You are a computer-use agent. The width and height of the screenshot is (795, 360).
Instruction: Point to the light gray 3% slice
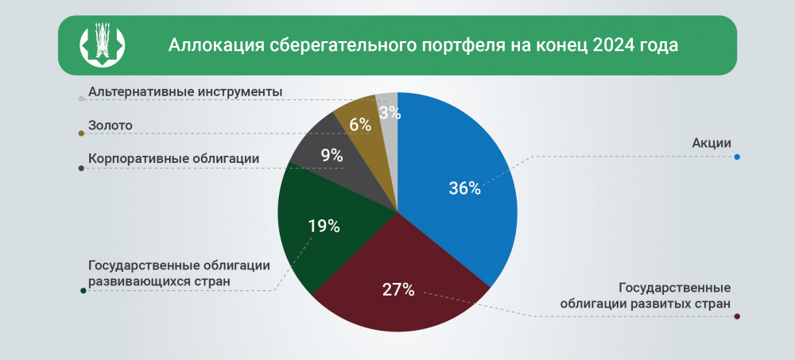tap(389, 119)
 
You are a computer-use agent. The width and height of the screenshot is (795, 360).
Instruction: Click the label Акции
tap(712, 143)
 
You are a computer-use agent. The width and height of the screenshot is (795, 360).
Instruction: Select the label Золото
tap(110, 125)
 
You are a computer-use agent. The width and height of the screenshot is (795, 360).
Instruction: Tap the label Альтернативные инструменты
tap(185, 91)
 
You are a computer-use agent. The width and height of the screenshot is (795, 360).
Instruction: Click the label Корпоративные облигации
tap(173, 158)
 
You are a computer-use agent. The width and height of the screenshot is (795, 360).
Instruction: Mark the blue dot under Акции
tap(738, 157)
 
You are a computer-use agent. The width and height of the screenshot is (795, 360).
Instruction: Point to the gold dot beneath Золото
tap(81, 134)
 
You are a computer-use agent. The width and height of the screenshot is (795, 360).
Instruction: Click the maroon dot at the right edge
tap(738, 317)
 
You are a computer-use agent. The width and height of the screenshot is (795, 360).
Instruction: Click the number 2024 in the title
tap(614, 45)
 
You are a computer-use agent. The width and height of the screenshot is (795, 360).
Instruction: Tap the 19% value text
tap(324, 226)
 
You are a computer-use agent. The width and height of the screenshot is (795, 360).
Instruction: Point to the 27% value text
tap(398, 289)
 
